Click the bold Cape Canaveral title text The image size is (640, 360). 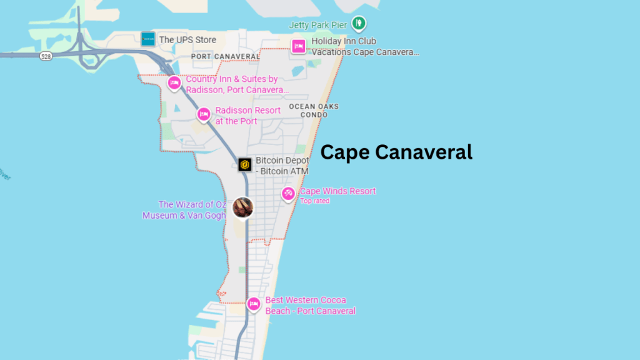click(x=396, y=152)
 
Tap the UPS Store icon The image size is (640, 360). click(x=148, y=39)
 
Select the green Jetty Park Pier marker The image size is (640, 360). click(x=358, y=24)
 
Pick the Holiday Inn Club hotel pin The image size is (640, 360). click(x=299, y=46)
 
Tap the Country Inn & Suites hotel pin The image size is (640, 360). click(x=174, y=82)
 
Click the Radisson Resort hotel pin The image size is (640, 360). click(x=203, y=114)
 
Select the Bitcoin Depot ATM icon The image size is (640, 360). click(x=245, y=165)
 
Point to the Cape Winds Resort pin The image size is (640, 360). click(x=288, y=194)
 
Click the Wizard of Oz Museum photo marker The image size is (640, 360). click(x=242, y=207)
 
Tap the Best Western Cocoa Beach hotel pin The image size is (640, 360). click(x=253, y=304)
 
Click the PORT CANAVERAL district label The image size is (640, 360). click(x=225, y=56)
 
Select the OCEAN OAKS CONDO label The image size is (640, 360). click(x=314, y=111)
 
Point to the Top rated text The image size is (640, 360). click(x=315, y=201)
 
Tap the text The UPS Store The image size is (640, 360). click(x=187, y=40)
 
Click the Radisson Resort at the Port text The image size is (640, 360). click(x=247, y=116)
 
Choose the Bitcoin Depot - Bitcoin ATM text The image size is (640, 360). click(x=282, y=166)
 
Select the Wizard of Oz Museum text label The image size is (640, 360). click(x=184, y=209)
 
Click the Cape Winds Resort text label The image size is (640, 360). click(x=337, y=191)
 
